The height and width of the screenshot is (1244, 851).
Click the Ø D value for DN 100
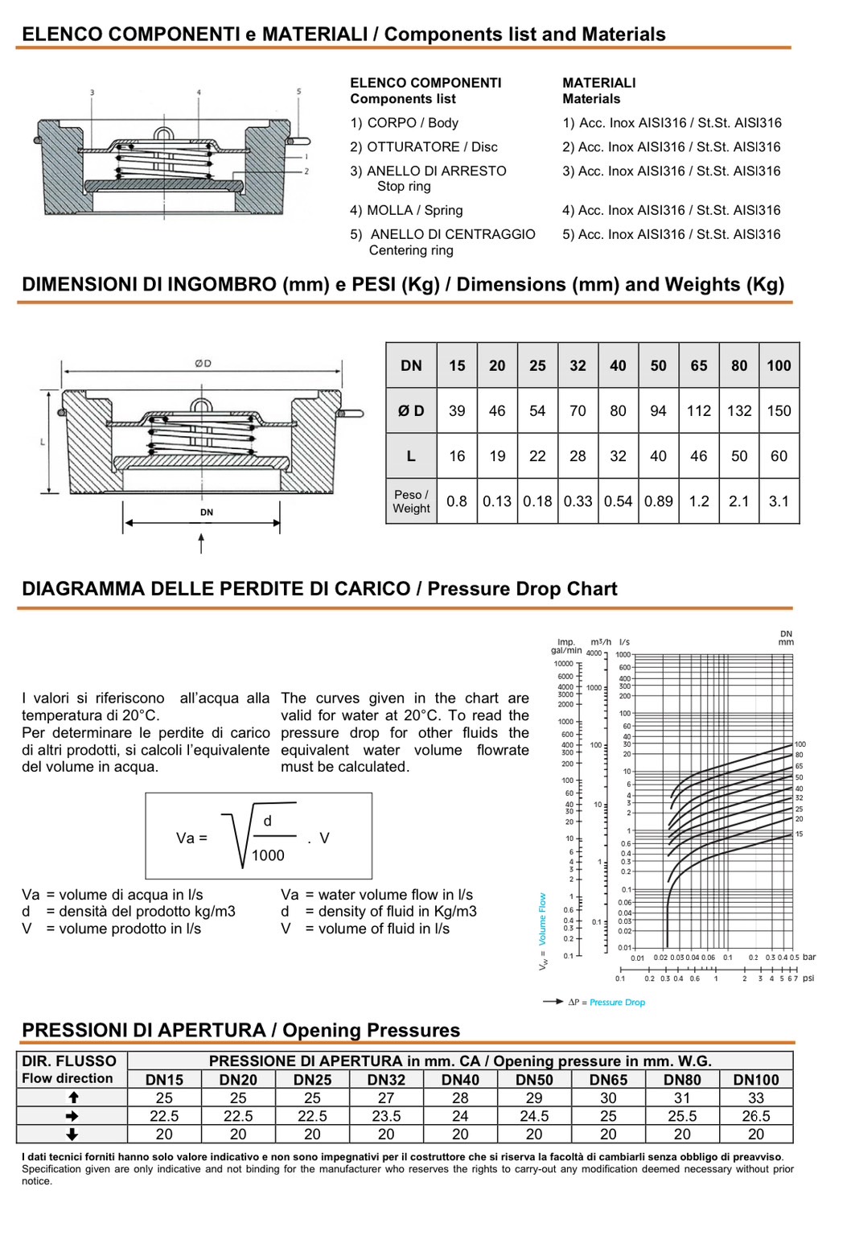pos(779,410)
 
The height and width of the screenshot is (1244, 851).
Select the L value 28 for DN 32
pos(578,455)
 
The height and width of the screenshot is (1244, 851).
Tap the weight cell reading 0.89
pos(658,500)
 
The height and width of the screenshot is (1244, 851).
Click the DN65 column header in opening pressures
pos(608,1080)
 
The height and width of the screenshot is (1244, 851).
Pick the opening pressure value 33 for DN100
pos(756,1098)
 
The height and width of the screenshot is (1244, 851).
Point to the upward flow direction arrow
pos(72,1098)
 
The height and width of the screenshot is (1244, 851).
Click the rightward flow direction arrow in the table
pos(72,1116)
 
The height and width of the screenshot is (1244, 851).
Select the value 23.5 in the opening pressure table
pos(386,1116)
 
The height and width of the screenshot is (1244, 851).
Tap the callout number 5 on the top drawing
pos(299,92)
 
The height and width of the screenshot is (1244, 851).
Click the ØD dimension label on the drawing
pos(203,363)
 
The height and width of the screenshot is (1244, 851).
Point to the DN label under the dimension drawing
pos(207,512)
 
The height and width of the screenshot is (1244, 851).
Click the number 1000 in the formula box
pos(268,855)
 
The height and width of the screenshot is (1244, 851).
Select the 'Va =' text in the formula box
pos(191,838)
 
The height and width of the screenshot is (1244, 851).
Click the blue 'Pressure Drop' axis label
pos(617,1002)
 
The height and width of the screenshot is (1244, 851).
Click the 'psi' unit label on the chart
pos(808,978)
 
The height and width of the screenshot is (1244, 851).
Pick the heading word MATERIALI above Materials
pos(598,83)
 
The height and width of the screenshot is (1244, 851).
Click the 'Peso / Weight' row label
pos(411,501)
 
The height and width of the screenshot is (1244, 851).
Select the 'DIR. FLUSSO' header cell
pos(69,1061)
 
